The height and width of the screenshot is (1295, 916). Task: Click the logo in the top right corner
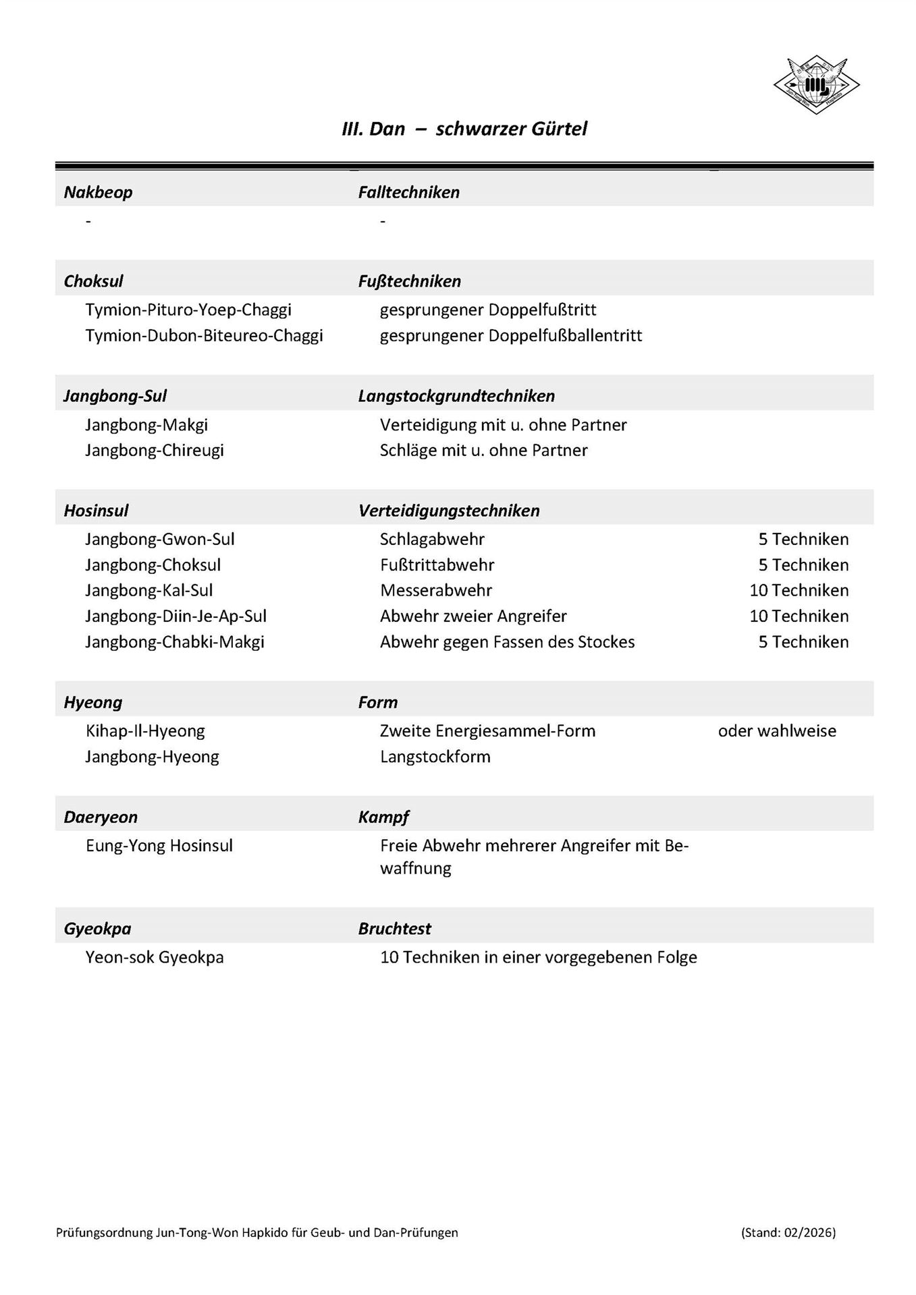click(x=816, y=85)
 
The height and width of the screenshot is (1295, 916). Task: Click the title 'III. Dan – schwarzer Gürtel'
click(x=464, y=129)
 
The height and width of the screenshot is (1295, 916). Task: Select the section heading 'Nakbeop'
click(x=98, y=192)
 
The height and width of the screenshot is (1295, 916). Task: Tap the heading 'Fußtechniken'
click(x=409, y=281)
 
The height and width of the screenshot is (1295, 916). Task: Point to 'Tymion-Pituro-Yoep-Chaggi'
click(x=188, y=310)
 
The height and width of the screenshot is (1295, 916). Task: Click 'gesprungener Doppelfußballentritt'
click(x=511, y=335)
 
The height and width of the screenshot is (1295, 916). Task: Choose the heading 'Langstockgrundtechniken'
click(x=456, y=396)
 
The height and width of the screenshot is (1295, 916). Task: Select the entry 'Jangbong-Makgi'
click(x=146, y=425)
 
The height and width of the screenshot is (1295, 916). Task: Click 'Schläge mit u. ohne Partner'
click(x=483, y=450)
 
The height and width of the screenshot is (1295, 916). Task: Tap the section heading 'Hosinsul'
click(x=96, y=511)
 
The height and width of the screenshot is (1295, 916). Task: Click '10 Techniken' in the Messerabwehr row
click(x=799, y=590)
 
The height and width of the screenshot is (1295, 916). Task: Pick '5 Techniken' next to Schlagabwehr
click(x=803, y=539)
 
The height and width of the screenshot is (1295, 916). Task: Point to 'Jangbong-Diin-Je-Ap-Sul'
click(x=176, y=616)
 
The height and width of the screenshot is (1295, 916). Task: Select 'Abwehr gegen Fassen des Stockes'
click(x=507, y=641)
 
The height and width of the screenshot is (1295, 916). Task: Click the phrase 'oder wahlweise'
click(x=777, y=730)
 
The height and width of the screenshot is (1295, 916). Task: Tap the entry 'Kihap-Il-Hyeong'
click(x=145, y=730)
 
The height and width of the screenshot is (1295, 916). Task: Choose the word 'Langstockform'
click(x=435, y=756)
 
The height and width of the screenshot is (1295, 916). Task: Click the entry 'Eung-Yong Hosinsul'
click(x=159, y=845)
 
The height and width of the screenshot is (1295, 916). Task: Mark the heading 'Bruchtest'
click(x=394, y=929)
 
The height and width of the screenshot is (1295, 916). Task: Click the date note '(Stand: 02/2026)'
click(x=788, y=1232)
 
